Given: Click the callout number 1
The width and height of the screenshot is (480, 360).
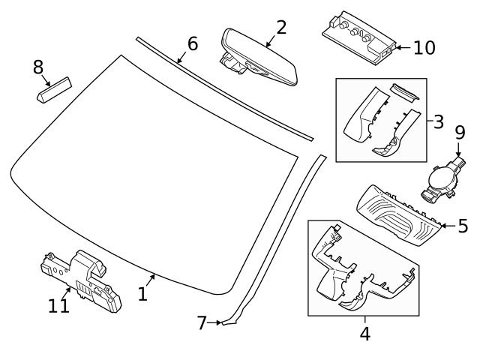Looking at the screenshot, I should tap(142, 295).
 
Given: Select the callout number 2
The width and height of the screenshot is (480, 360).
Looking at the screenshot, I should tap(281, 28).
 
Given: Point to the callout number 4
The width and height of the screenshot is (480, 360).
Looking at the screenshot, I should tap(364, 333).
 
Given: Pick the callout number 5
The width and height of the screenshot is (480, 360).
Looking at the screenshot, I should tap(463, 225).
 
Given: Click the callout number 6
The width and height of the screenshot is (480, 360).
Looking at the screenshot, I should tap(193, 43).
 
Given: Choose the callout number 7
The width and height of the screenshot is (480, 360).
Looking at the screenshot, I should tap(201, 323).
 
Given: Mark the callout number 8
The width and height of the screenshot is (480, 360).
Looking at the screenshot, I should tap(37, 67).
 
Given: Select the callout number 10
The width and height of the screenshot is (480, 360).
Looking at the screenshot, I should tap(424, 48).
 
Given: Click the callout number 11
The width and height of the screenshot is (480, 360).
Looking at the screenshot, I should tap(58, 306).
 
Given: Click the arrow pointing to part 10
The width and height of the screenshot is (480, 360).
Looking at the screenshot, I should tap(401, 48).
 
